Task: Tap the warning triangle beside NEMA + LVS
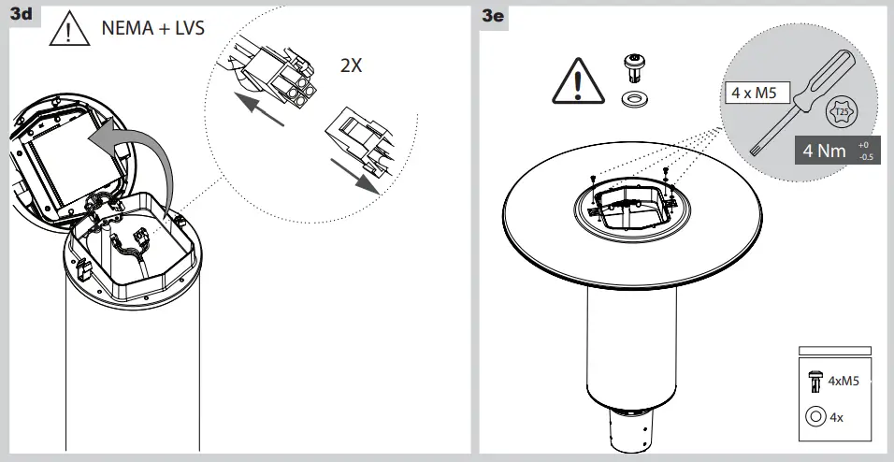(71, 32)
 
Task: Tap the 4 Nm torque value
(825, 151)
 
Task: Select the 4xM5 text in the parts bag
(843, 380)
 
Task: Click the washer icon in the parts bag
(815, 416)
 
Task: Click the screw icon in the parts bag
(815, 380)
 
